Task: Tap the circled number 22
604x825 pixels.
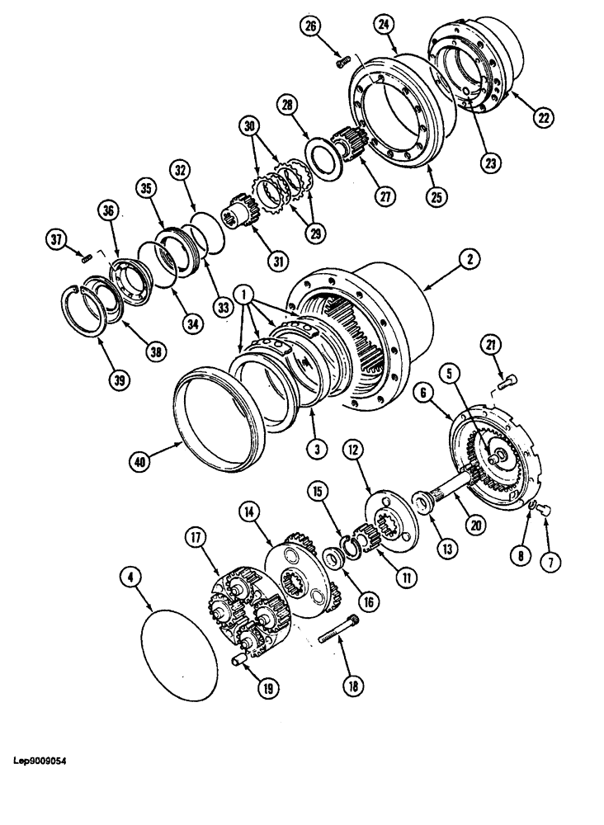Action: [x=542, y=118]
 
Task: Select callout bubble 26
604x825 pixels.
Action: [x=310, y=26]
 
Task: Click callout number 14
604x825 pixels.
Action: [x=248, y=511]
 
